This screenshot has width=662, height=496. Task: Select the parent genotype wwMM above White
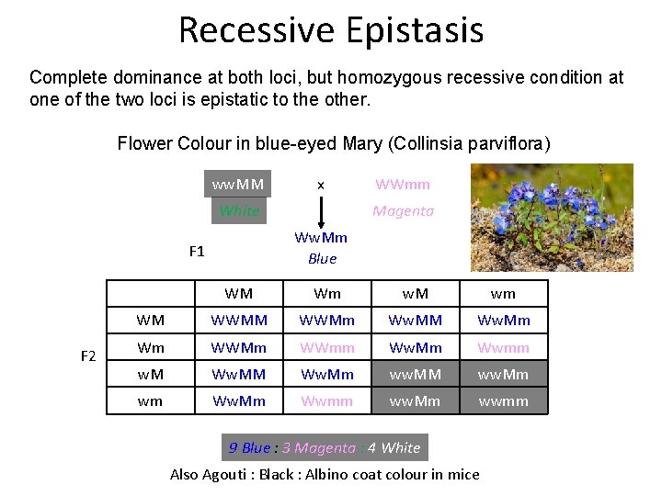click(238, 185)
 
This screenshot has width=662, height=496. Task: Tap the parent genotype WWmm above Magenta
click(403, 185)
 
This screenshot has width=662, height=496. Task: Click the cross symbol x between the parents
click(320, 186)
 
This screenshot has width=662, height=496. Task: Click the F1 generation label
click(197, 250)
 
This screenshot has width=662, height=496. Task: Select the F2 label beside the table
click(88, 355)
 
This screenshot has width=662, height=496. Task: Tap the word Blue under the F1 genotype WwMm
click(322, 259)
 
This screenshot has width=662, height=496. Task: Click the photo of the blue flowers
click(552, 217)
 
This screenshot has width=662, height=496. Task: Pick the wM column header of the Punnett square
click(416, 294)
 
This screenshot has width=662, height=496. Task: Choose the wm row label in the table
click(151, 400)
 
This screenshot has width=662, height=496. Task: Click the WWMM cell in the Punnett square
click(239, 321)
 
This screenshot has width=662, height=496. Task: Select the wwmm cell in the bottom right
click(503, 400)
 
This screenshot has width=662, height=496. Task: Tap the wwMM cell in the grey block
click(416, 374)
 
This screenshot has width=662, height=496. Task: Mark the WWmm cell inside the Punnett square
click(327, 347)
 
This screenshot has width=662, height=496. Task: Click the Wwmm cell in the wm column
click(503, 347)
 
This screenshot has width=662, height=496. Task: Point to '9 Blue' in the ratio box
click(250, 448)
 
